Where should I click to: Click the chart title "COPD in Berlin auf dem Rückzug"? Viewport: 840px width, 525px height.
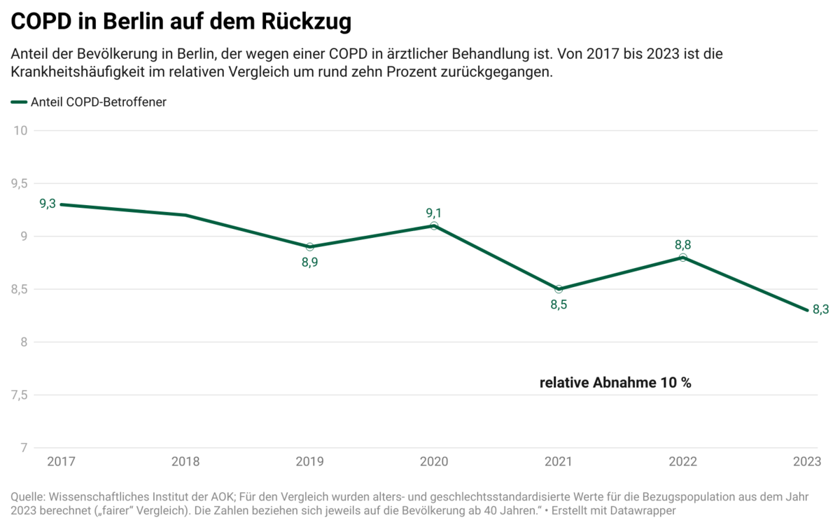tap(181, 22)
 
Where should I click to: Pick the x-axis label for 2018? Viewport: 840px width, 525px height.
tap(185, 462)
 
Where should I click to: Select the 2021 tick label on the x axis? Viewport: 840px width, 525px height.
tap(558, 462)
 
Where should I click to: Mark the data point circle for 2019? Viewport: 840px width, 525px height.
tap(309, 247)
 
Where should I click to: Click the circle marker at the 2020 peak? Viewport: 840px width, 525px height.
tap(434, 225)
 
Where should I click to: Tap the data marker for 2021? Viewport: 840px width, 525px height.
tap(559, 289)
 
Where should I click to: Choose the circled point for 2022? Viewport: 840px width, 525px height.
tap(683, 258)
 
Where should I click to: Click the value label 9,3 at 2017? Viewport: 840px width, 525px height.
tap(48, 204)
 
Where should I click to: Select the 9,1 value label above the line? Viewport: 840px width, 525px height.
tap(434, 213)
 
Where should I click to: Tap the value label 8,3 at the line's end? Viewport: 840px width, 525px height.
tap(820, 309)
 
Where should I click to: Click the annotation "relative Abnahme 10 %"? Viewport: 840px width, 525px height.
tap(615, 383)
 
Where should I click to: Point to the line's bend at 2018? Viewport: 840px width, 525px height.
tap(185, 215)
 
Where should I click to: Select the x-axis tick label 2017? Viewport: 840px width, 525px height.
tap(61, 462)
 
